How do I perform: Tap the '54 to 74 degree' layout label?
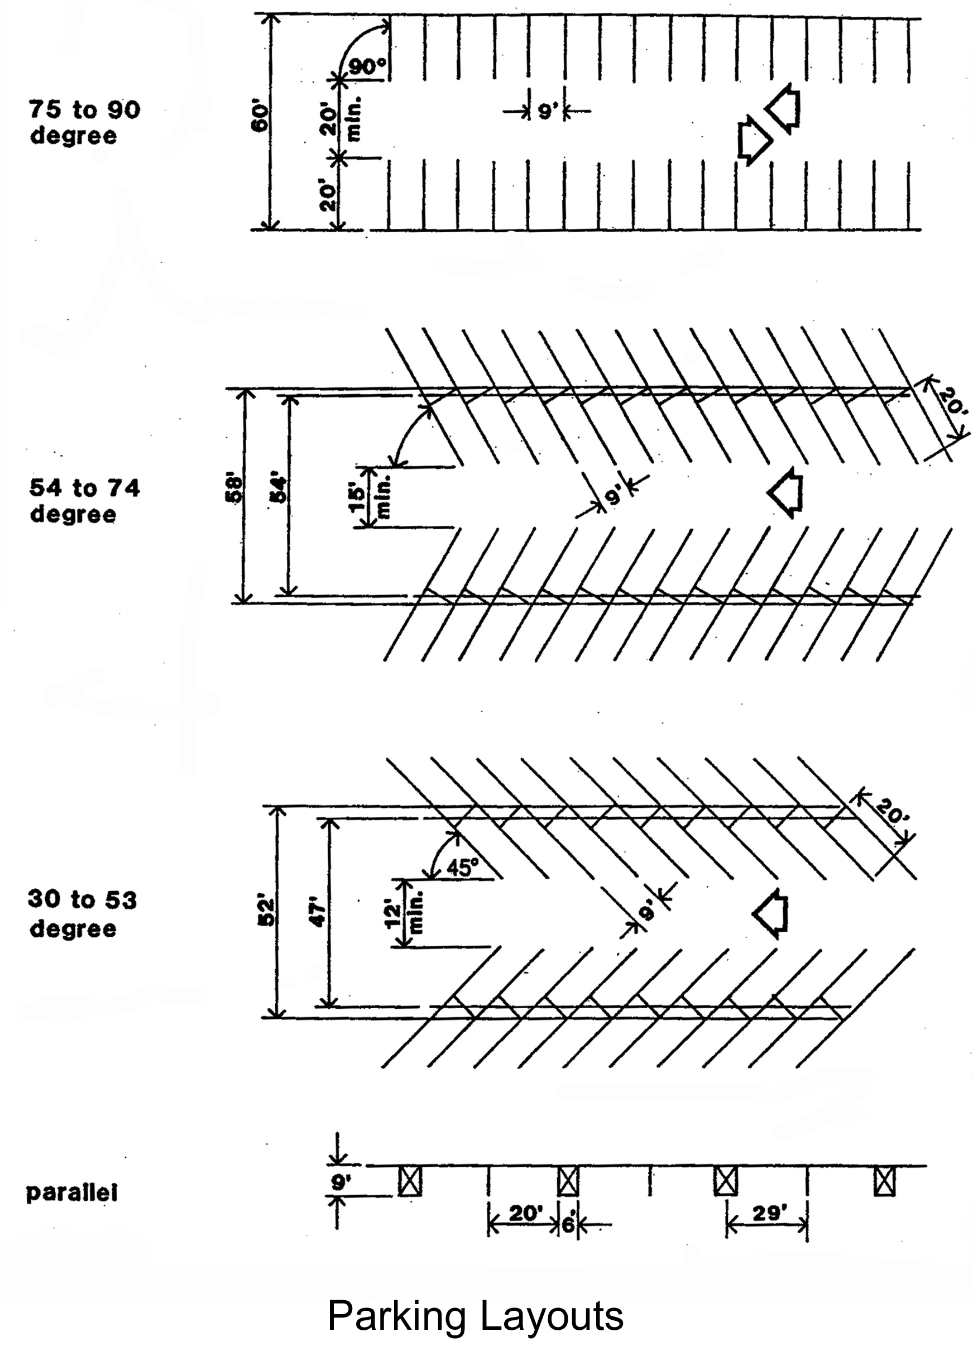pyautogui.click(x=84, y=501)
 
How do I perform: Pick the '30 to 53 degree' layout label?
pyautogui.click(x=82, y=914)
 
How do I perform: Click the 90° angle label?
pyautogui.click(x=367, y=67)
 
